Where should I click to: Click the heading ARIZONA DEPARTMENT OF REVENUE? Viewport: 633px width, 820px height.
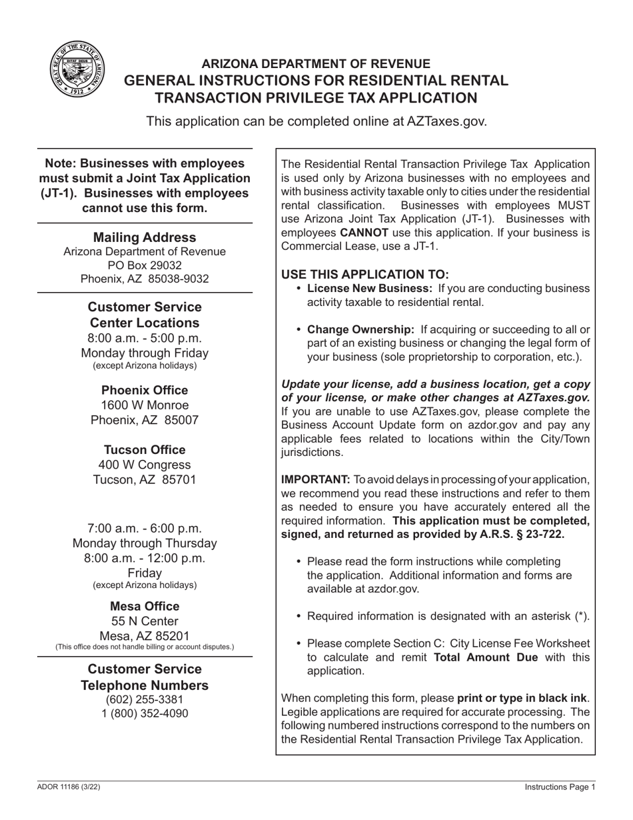pos(316,64)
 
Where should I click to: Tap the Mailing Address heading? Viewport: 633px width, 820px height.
pos(145,237)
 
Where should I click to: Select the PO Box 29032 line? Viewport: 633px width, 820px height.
pos(145,265)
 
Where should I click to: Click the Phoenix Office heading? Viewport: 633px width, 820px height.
pos(145,390)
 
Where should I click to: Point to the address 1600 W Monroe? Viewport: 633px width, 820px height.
pos(145,405)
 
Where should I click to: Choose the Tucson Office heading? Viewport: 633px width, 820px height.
pos(145,450)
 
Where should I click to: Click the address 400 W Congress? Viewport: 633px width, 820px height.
pos(145,465)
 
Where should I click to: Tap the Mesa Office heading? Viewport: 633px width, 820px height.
pos(145,606)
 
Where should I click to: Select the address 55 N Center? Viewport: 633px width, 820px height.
pos(145,621)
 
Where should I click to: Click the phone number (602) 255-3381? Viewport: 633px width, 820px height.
pos(145,699)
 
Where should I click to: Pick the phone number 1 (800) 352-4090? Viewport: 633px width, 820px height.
pos(145,713)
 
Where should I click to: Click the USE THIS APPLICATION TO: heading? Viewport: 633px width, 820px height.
pos(365,275)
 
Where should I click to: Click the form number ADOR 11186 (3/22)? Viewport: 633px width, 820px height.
pos(69,787)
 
